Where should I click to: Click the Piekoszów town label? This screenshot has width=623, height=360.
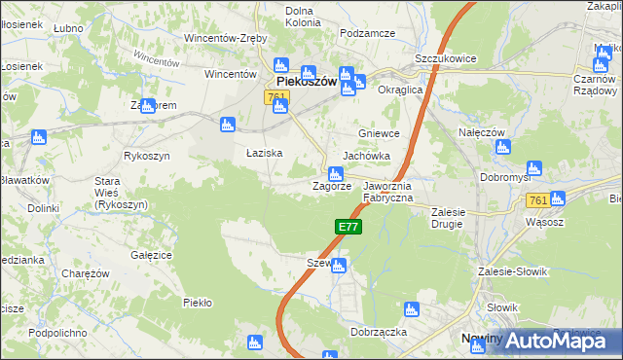306,83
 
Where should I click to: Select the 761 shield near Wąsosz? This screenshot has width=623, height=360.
535,199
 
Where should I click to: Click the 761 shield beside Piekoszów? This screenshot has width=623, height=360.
275,97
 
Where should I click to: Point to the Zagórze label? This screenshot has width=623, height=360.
331,186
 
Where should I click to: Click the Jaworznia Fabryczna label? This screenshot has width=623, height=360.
388,192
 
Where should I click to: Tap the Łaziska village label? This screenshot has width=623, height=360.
264,154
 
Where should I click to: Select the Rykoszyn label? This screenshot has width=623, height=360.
147,156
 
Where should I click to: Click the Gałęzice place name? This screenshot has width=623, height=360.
151,255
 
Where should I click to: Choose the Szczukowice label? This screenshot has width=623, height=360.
445,58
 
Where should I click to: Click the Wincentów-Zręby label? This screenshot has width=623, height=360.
227,39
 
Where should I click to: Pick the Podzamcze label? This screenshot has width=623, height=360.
367,33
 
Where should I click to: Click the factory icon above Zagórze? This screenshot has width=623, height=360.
334,172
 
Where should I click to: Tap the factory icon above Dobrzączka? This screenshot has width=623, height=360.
411,310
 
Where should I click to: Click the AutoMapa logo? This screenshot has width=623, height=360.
552,341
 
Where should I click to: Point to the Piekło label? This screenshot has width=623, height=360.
198,303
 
